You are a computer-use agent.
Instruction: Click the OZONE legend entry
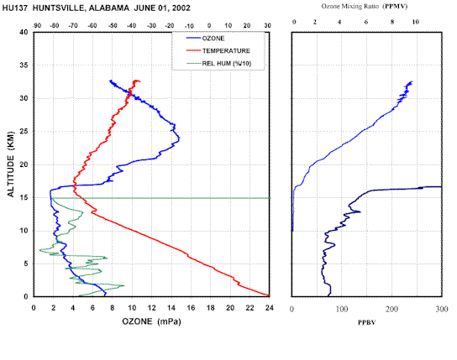(205, 39)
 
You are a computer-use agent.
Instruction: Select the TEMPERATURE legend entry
(218, 51)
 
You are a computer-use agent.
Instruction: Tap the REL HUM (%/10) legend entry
(218, 64)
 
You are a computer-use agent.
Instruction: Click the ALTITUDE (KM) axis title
(10, 164)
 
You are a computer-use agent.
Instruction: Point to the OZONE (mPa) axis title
(151, 321)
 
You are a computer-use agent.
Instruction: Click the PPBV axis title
(366, 322)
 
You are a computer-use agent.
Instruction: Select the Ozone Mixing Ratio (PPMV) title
(365, 7)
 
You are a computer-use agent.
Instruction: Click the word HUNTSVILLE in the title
(58, 8)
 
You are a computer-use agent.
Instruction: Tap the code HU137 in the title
(15, 8)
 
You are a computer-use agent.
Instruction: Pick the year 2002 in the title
(181, 8)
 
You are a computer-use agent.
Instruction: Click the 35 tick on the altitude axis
(24, 65)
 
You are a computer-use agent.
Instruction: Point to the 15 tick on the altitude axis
(24, 197)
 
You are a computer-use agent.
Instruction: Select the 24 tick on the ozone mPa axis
(270, 308)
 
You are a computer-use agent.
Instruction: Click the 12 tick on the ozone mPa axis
(151, 308)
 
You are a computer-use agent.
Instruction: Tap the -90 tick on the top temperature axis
(36, 26)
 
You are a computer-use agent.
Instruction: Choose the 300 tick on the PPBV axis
(442, 309)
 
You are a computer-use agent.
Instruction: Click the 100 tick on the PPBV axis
(342, 309)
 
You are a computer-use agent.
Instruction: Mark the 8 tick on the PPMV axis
(392, 22)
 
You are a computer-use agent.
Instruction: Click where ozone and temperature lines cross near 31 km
(130, 94)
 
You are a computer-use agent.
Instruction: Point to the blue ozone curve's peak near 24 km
(179, 138)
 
